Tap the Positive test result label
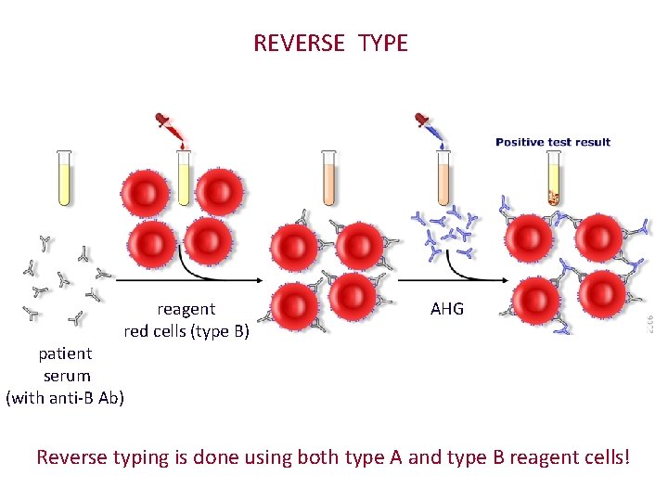pos(553,142)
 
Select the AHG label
pos(447,309)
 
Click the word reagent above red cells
pos(186,309)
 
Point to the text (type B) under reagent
pos(220,331)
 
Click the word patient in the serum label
pos(65,353)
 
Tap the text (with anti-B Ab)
pos(65,398)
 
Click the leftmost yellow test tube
pos(64,177)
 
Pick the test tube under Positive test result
pos(554,178)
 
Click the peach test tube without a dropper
pos(328,177)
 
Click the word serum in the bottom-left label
pos(67,376)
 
